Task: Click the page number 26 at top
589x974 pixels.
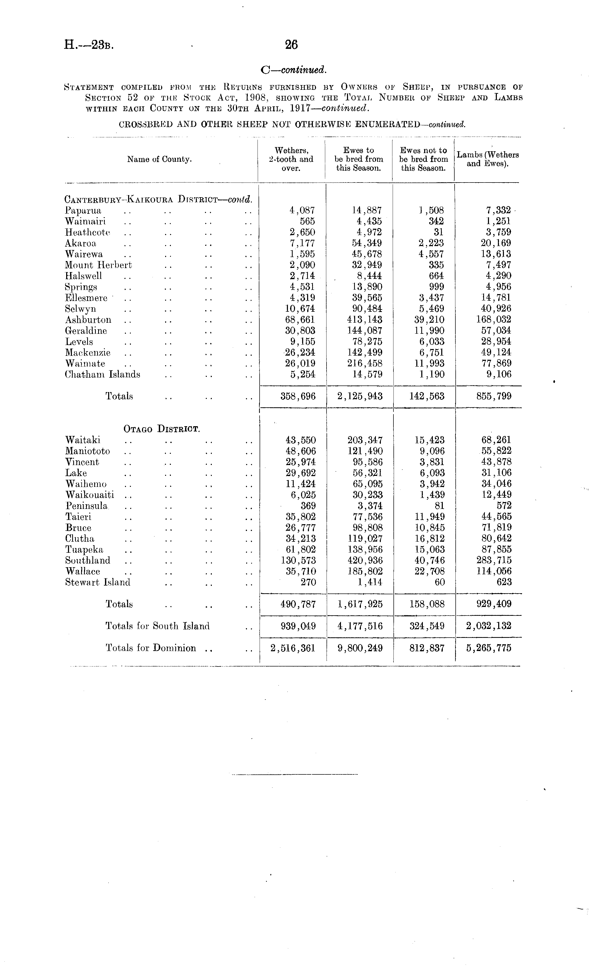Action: (x=291, y=45)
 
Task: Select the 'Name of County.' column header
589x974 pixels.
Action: (x=159, y=159)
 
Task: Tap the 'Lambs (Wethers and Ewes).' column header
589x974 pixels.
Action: (x=487, y=159)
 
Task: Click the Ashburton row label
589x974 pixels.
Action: (x=88, y=320)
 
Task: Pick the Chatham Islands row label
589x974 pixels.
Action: (x=102, y=374)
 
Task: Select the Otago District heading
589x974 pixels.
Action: (x=162, y=429)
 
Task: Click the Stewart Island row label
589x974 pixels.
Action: (x=98, y=582)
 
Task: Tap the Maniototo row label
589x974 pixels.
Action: (x=87, y=451)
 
